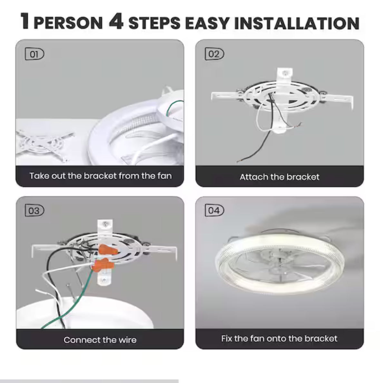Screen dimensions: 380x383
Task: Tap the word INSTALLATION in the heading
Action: pyautogui.click(x=297, y=23)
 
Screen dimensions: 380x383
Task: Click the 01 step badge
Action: pyautogui.click(x=34, y=54)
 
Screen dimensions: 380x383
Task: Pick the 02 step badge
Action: pyautogui.click(x=214, y=54)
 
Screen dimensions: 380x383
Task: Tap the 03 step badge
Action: pyautogui.click(x=34, y=211)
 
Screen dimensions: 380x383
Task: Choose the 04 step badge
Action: pyautogui.click(x=214, y=211)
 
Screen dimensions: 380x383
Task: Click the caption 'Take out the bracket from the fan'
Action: pyautogui.click(x=100, y=176)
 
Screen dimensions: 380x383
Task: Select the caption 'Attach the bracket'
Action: pyautogui.click(x=279, y=177)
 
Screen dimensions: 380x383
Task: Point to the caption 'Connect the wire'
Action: pyautogui.click(x=100, y=340)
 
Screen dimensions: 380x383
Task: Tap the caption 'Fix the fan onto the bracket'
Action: pyautogui.click(x=279, y=339)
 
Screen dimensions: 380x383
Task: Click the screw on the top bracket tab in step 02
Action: pyautogui.click(x=285, y=73)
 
